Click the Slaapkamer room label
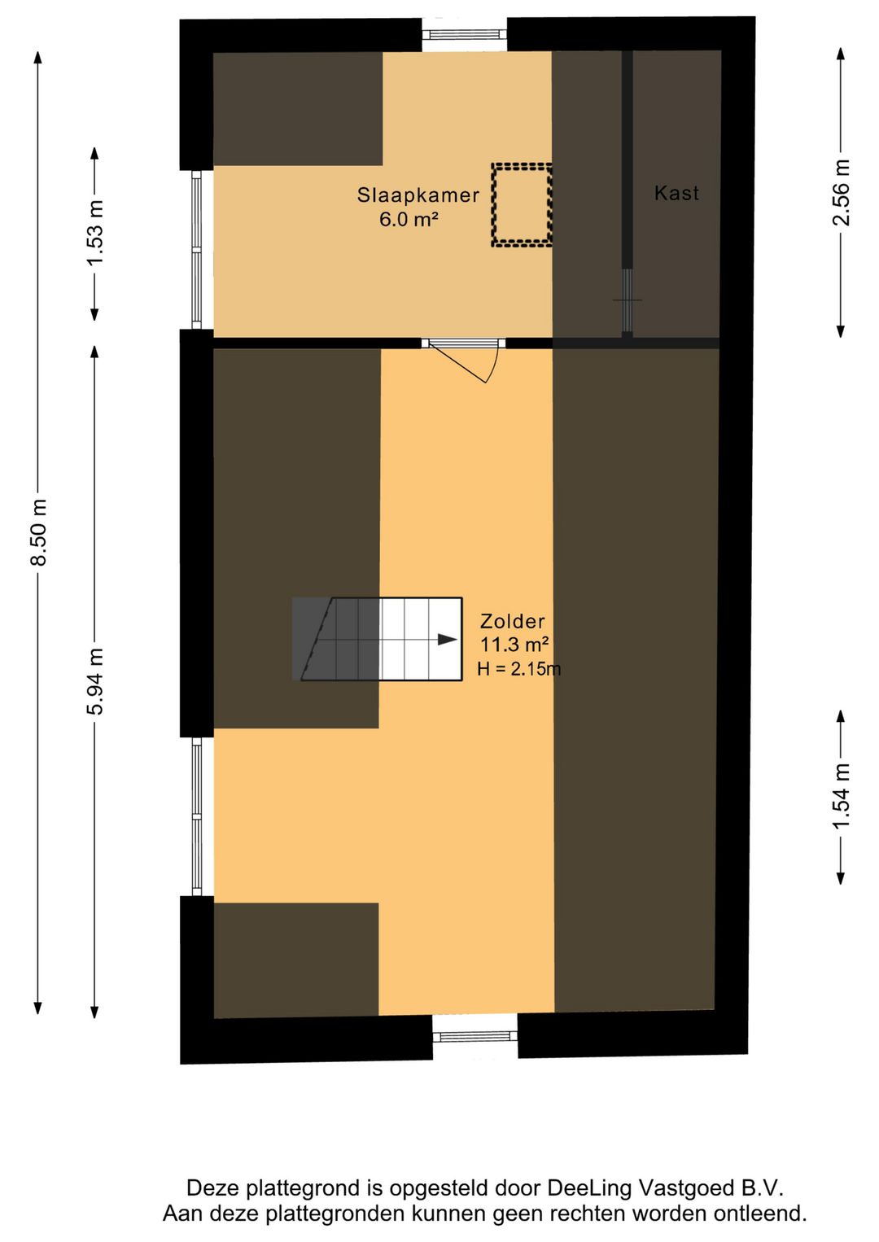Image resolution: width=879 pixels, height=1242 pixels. [418, 195]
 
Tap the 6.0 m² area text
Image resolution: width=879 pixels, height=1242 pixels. [409, 219]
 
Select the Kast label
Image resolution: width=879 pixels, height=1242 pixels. [676, 193]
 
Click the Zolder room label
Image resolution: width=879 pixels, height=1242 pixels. [512, 621]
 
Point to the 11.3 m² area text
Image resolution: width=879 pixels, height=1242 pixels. [514, 645]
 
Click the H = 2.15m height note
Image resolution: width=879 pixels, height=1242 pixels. [518, 669]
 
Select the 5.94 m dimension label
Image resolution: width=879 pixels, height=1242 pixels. [95, 682]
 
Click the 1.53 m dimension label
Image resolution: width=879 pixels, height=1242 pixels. [95, 233]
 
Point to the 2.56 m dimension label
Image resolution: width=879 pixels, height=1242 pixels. [841, 193]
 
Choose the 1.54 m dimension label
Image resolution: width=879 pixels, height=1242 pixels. [841, 797]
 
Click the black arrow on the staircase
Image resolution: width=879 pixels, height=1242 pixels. [447, 640]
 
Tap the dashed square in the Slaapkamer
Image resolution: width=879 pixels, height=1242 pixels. [522, 204]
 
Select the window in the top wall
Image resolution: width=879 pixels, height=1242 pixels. [464, 34]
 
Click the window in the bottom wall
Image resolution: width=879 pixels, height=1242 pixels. [474, 1036]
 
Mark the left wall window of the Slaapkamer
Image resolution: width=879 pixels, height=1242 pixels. [196, 249]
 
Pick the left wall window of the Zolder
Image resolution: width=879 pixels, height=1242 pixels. [196, 816]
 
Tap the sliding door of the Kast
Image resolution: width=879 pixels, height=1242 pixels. [627, 300]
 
